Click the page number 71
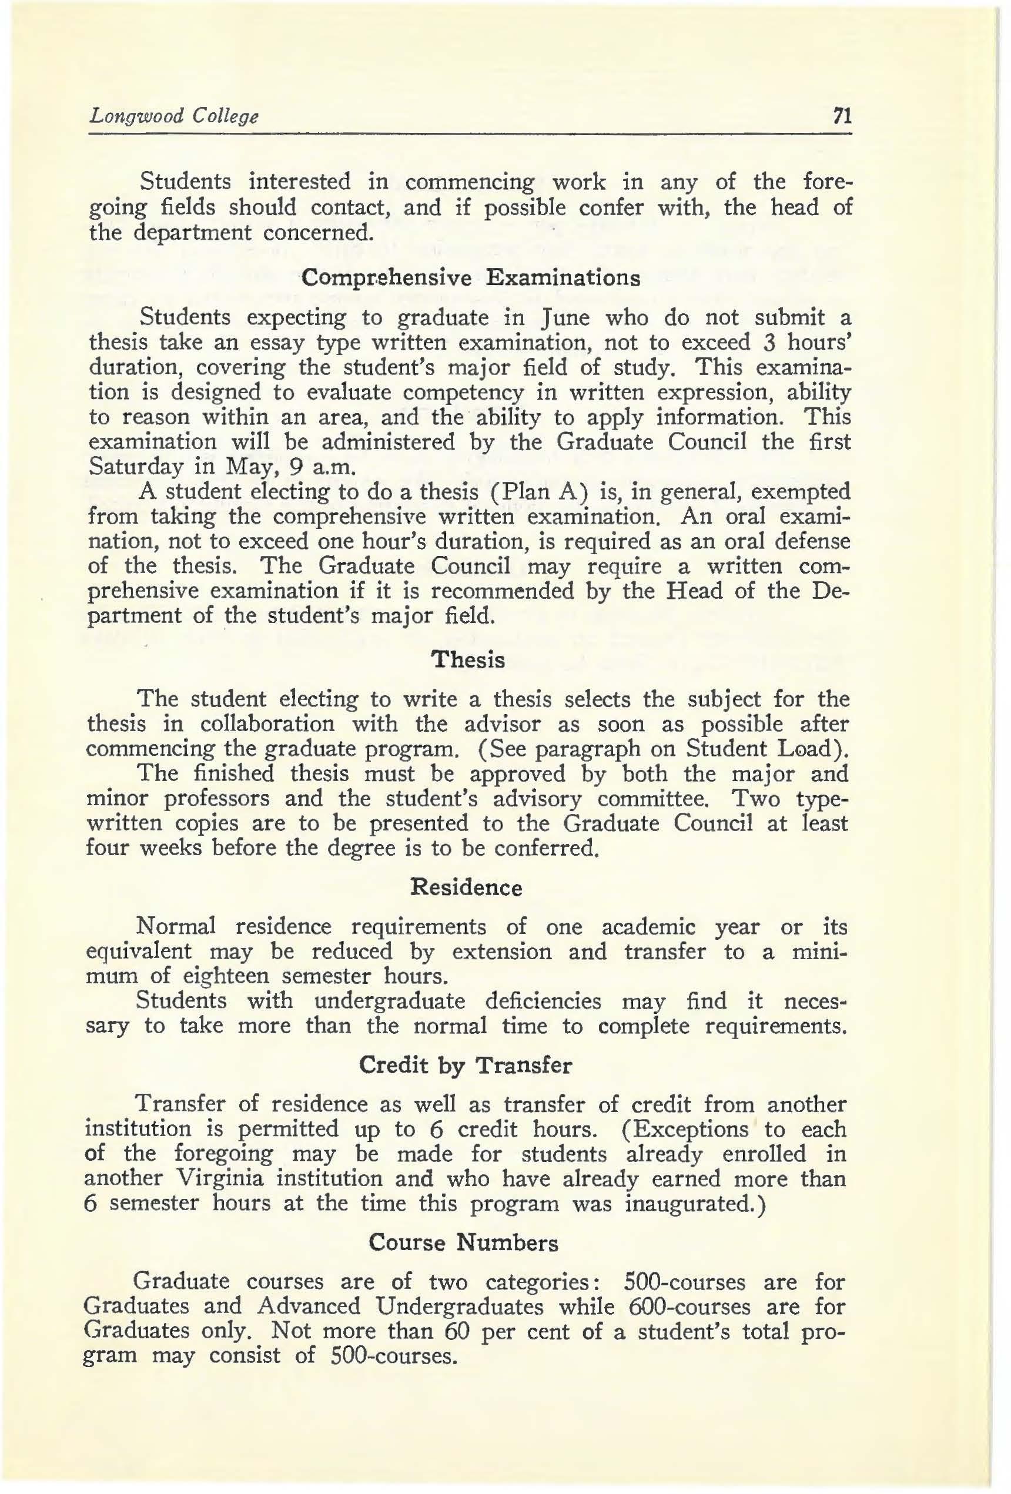841,116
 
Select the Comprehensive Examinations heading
471,278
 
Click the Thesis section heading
468,660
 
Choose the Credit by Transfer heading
465,1066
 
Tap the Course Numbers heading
464,1242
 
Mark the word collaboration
267,724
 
